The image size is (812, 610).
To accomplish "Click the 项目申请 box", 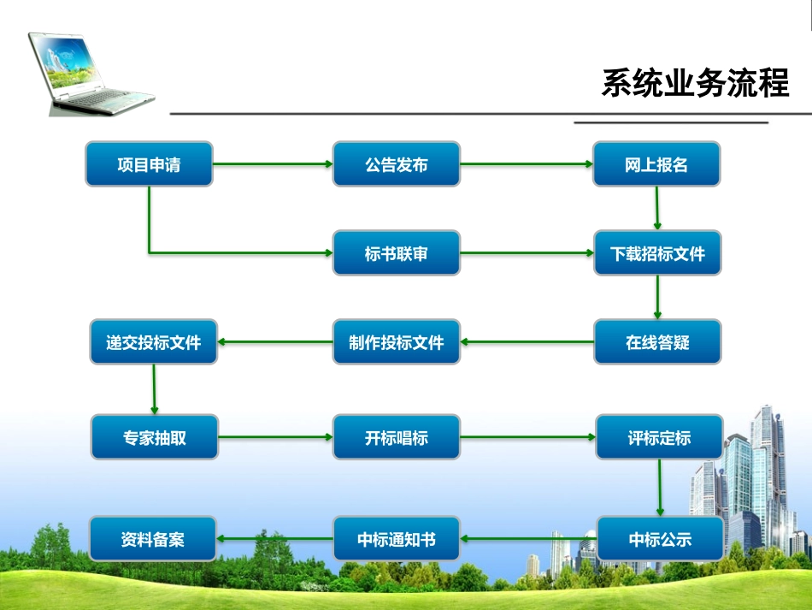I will tap(149, 164).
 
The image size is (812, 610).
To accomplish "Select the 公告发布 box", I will tap(396, 164).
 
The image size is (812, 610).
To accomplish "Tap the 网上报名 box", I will tap(656, 164).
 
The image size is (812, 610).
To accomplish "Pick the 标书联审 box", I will tap(396, 253).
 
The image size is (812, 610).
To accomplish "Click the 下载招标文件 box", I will tap(657, 253).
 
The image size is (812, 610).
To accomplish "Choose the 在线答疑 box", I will tap(657, 342).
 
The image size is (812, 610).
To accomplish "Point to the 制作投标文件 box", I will tap(396, 342).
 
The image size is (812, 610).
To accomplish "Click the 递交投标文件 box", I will tap(154, 342).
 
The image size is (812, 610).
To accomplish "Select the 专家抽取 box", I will tap(154, 437).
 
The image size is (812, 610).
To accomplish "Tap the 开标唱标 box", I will tap(396, 437).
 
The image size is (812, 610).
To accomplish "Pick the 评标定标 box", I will tap(658, 437).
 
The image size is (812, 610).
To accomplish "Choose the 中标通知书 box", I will tap(396, 539).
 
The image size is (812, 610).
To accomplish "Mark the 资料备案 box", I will tap(154, 539).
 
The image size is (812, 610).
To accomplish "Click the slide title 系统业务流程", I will tap(694, 84).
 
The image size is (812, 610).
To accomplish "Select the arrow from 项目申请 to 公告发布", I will tap(272, 164).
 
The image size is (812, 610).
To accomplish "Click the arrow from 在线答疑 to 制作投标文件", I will tap(527, 342).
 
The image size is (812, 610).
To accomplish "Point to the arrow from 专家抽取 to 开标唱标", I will tap(275, 437).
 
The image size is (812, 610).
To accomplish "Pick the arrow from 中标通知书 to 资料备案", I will tap(275, 539).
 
